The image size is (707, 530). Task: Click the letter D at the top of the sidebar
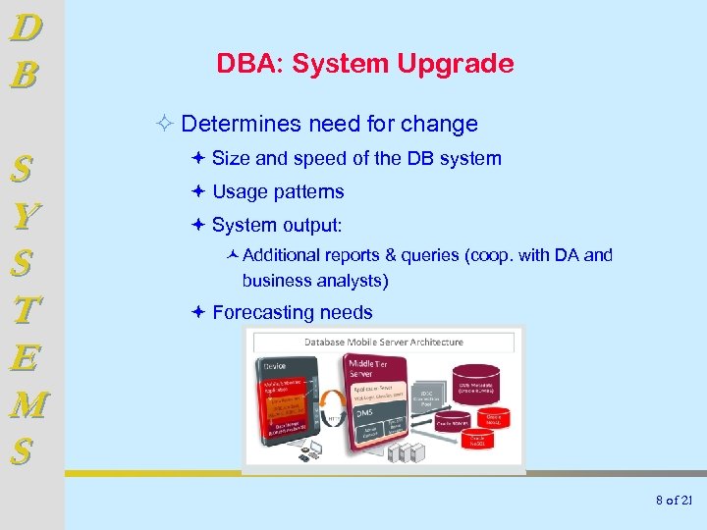pos(26,26)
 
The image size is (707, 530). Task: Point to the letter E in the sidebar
pos(27,358)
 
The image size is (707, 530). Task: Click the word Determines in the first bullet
pos(242,125)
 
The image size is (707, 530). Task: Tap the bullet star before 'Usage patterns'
pos(198,191)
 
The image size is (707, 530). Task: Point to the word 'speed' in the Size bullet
pos(319,159)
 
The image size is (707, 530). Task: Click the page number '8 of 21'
pos(674,501)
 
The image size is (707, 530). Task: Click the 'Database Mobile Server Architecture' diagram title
pos(383,342)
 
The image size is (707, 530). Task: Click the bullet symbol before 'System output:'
pos(198,225)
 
